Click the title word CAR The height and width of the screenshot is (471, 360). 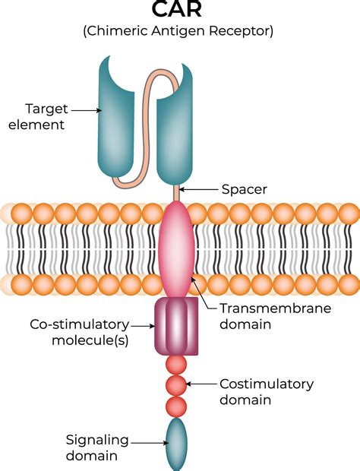(x=180, y=11)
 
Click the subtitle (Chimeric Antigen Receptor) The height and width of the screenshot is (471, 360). (x=180, y=31)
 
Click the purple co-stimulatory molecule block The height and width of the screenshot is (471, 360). (x=176, y=325)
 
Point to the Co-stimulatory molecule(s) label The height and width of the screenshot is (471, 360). (x=79, y=332)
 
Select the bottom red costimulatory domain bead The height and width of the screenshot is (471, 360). (x=175, y=405)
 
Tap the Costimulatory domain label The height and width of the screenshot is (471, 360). (x=266, y=393)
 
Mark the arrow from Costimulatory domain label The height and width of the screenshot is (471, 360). (x=201, y=384)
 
